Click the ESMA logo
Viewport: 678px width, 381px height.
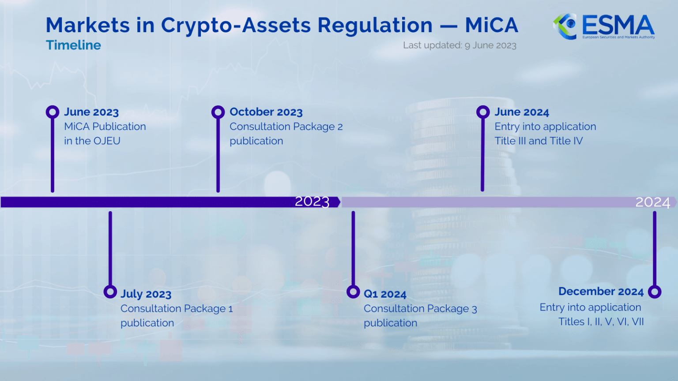click(603, 26)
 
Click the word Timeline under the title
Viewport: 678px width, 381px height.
click(73, 45)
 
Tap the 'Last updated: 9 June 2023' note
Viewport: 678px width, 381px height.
click(460, 45)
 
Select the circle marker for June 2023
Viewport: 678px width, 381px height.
click(53, 112)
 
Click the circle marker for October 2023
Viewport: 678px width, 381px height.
click(218, 112)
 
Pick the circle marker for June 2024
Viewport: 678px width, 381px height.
click(483, 112)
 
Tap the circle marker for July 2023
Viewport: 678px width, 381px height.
click(110, 291)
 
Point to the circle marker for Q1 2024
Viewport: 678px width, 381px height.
click(353, 291)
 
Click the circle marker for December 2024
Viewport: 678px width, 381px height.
click(655, 291)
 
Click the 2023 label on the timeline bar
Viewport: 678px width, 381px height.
click(312, 202)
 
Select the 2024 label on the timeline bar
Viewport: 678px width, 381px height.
click(652, 202)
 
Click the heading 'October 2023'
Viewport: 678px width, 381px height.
click(266, 112)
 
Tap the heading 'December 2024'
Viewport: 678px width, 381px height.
click(601, 291)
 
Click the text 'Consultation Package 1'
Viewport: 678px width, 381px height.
click(177, 309)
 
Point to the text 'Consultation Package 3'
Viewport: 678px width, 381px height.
click(420, 309)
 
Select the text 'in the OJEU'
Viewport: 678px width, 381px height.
click(92, 141)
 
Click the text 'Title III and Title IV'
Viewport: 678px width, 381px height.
click(539, 141)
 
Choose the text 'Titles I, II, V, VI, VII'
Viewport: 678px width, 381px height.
click(601, 322)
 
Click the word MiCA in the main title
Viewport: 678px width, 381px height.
click(491, 25)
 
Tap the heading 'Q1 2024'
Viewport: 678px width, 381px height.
click(385, 294)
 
